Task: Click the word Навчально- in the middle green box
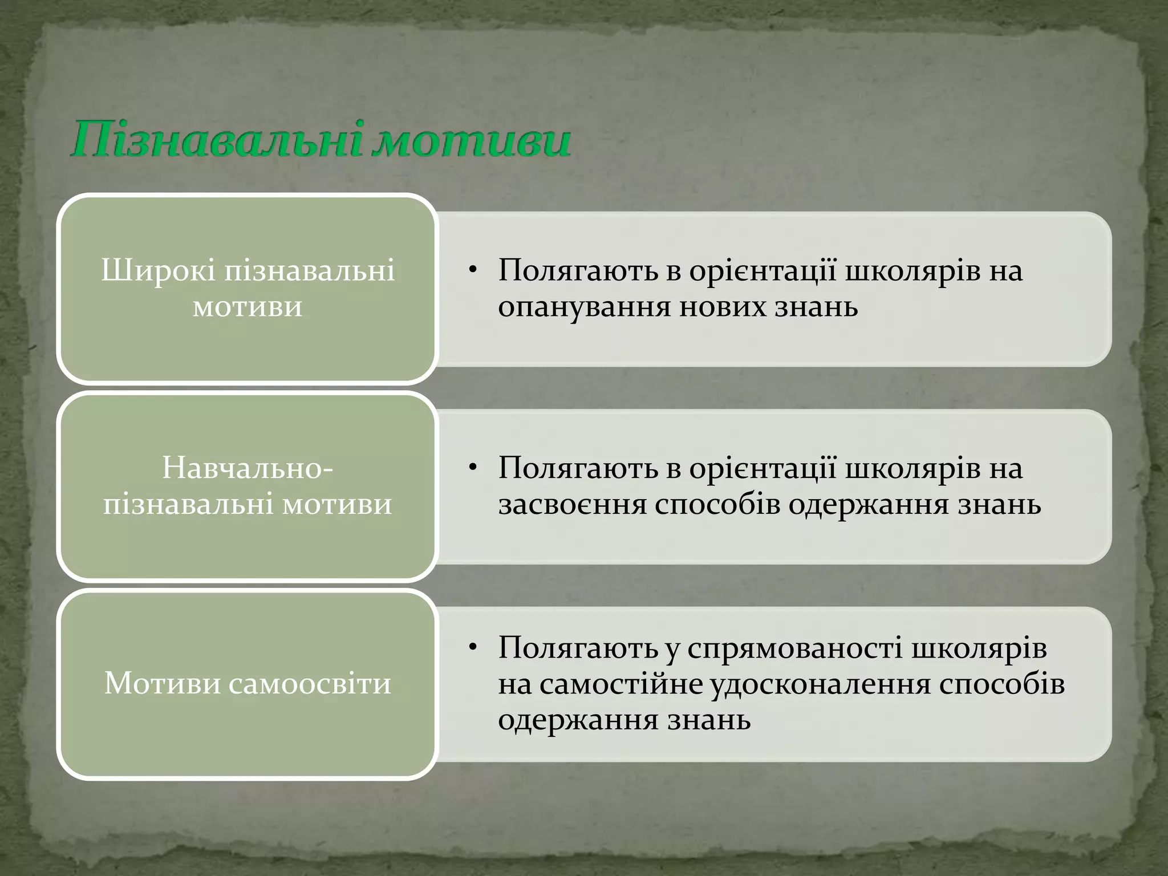coord(248,468)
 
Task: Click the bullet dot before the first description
coord(472,270)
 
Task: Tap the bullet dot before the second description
coord(472,468)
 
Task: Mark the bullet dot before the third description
coord(472,648)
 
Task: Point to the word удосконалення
coord(820,684)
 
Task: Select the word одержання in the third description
coord(578,720)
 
